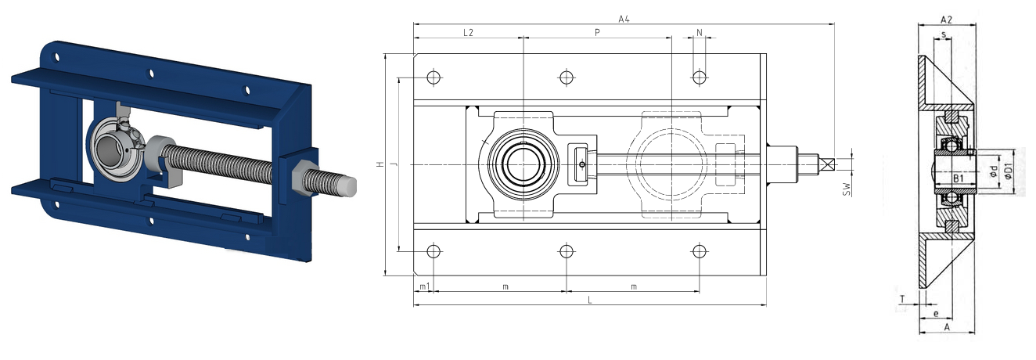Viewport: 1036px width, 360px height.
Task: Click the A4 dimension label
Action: coord(624,19)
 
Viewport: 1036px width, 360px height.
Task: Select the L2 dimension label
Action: coord(468,33)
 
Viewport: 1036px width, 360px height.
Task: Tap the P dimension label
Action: coord(597,33)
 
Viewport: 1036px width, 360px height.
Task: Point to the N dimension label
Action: coord(700,33)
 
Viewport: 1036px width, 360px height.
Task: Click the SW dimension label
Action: coord(847,189)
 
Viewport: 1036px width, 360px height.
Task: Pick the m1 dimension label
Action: coord(424,287)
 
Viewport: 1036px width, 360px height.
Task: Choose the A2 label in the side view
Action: coord(946,20)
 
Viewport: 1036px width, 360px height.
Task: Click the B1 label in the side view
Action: coord(959,178)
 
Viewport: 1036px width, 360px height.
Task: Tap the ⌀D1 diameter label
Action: coord(1009,171)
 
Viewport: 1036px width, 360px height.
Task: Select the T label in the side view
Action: coord(902,300)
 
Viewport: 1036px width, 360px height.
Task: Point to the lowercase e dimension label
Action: coord(936,314)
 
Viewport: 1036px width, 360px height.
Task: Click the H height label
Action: coord(380,164)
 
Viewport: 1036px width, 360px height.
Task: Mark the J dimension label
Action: coord(394,164)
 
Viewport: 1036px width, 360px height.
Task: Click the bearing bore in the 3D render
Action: coord(110,149)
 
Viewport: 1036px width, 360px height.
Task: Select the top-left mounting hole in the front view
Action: coord(433,77)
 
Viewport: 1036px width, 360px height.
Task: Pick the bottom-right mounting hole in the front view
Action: coord(700,251)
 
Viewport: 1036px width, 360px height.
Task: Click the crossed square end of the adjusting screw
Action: coord(826,164)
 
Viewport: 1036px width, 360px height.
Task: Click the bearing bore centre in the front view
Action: coord(523,164)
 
